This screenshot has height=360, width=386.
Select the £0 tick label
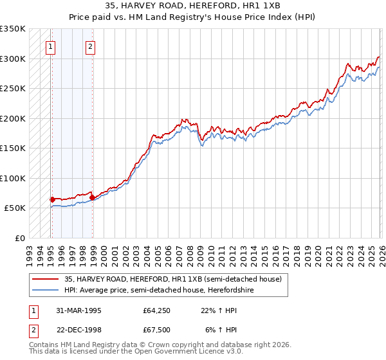(19, 238)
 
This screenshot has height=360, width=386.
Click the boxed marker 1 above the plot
(50, 46)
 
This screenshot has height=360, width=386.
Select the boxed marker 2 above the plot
(91, 46)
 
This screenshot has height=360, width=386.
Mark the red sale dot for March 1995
(52, 199)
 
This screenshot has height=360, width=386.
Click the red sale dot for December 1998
(92, 197)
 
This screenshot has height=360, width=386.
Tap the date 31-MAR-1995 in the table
(75, 310)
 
